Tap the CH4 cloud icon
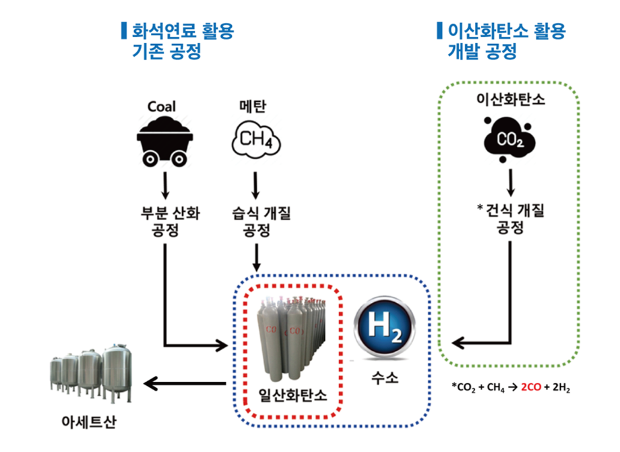(x=255, y=140)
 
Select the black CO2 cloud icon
(x=510, y=140)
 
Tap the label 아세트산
(x=87, y=423)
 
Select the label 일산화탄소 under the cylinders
(x=292, y=395)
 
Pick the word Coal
(x=162, y=107)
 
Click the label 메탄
(x=255, y=106)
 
